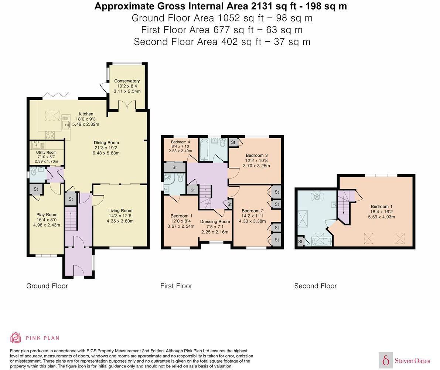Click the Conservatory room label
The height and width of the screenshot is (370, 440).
pyautogui.click(x=127, y=81)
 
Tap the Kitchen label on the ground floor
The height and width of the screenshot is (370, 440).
pyautogui.click(x=86, y=114)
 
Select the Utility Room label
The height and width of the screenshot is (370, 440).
pyautogui.click(x=46, y=152)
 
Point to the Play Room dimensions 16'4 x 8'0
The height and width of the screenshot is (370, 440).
pyautogui.click(x=47, y=220)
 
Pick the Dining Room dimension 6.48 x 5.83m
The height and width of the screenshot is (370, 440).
pyautogui.click(x=106, y=153)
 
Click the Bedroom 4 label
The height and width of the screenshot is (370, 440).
pyautogui.click(x=181, y=142)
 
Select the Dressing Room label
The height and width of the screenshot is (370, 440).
pyautogui.click(x=215, y=222)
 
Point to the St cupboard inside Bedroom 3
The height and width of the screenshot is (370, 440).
pyautogui.click(x=233, y=142)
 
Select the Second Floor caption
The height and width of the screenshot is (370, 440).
pyautogui.click(x=315, y=286)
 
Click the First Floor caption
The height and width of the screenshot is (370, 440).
pyautogui.click(x=176, y=286)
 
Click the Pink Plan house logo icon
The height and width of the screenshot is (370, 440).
pyautogui.click(x=16, y=337)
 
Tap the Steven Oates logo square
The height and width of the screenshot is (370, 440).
pyautogui.click(x=386, y=360)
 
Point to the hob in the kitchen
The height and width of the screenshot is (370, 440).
pyautogui.click(x=51, y=135)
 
